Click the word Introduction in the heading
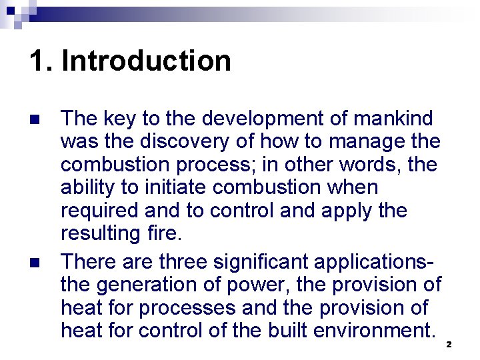(146, 61)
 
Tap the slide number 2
(449, 345)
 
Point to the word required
(101, 211)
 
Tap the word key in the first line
(119, 119)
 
